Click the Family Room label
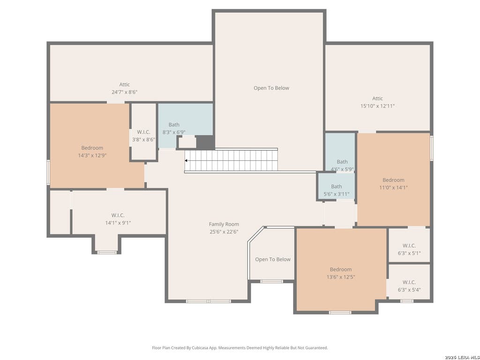click(224, 225)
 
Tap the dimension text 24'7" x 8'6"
click(124, 92)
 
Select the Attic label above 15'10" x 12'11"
click(377, 98)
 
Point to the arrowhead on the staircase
click(186, 160)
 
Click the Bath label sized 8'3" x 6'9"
click(174, 125)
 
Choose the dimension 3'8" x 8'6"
click(143, 140)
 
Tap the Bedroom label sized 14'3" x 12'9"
click(92, 148)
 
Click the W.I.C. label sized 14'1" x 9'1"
click(118, 216)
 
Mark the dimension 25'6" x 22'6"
click(224, 232)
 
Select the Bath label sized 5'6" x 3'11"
click(337, 187)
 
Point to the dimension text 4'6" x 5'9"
click(342, 169)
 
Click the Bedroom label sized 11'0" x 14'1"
click(393, 180)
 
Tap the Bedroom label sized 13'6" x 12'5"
click(341, 270)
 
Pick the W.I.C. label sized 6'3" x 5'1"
click(409, 246)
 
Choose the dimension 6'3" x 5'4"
click(409, 290)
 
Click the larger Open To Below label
click(271, 88)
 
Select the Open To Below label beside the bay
click(273, 260)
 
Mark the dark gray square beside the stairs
click(205, 142)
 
